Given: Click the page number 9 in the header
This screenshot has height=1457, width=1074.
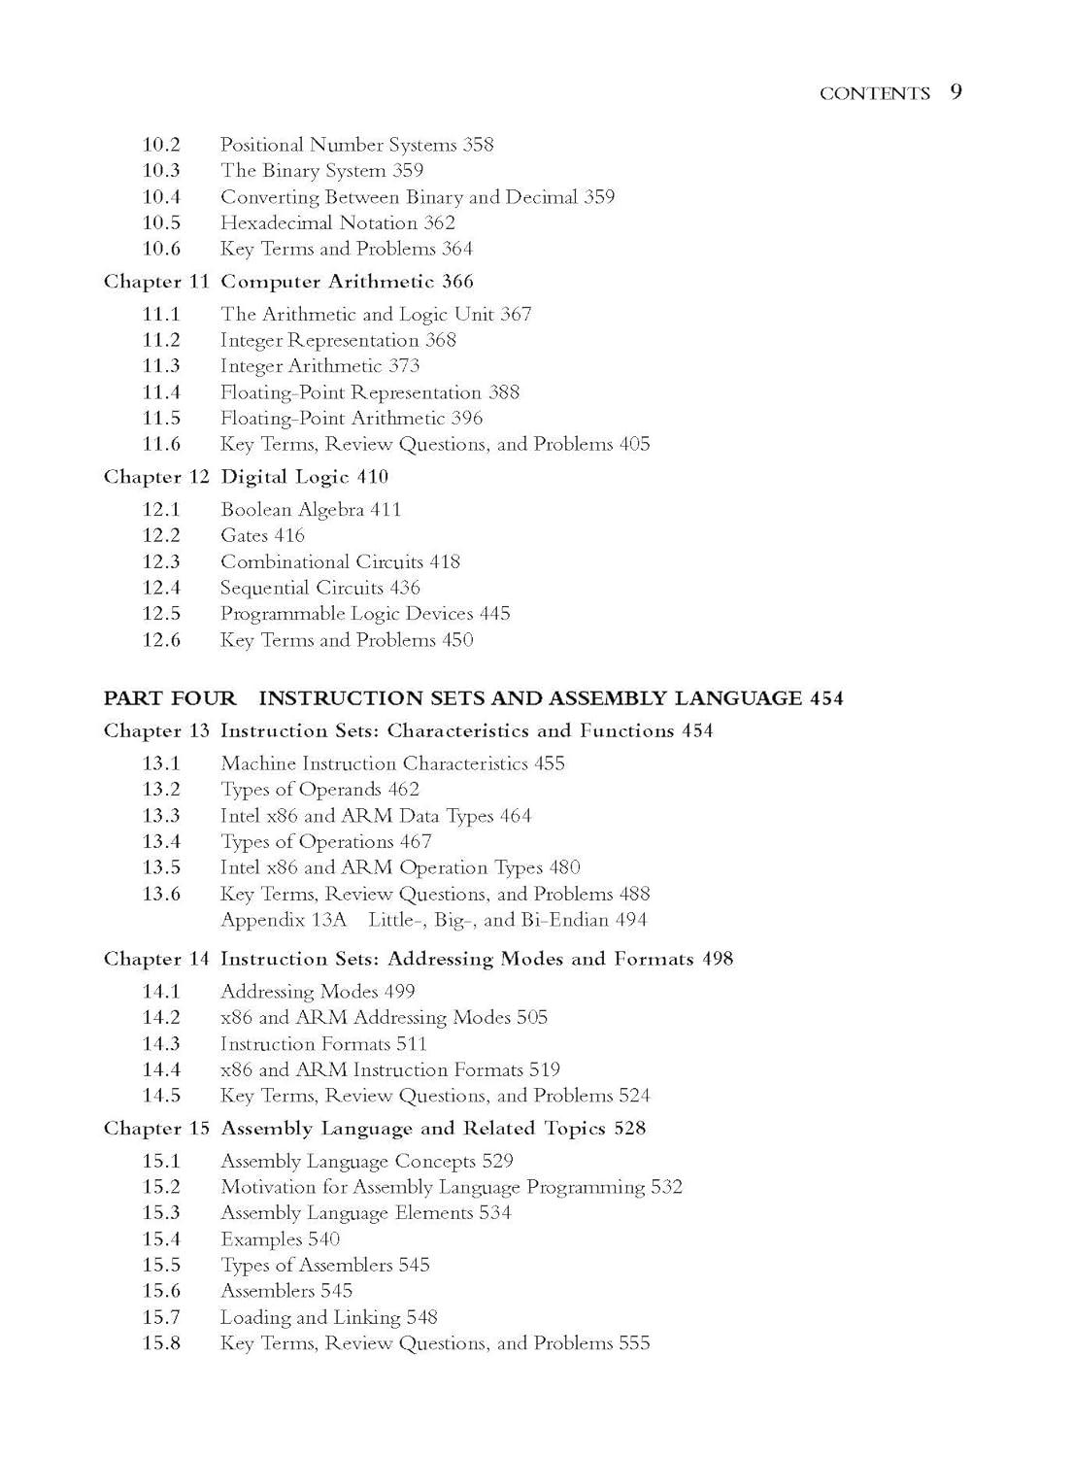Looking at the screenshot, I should coord(956,92).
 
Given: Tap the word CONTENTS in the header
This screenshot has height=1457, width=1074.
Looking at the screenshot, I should coord(874,93).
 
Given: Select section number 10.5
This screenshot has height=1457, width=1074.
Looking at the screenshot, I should coord(161,222).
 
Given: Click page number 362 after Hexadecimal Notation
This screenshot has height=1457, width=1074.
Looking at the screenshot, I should coord(439,222).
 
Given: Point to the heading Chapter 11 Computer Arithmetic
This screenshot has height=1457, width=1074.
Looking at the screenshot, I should coord(288,282).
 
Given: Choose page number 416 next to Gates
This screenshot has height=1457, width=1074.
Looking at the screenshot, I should coord(289,535).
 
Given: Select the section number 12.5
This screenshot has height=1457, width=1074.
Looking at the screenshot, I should coord(161,614).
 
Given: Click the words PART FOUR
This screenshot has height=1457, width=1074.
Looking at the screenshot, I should coord(170,698).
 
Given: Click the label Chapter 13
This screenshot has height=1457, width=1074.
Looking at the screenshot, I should coord(156,731).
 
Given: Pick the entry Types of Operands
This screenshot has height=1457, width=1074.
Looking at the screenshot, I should coord(301,790).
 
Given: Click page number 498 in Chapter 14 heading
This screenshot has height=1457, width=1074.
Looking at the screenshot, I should coord(718,959).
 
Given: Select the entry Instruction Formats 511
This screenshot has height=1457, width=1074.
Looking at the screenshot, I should coord(323,1044).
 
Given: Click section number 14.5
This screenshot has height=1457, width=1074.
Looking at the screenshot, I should coord(161,1096).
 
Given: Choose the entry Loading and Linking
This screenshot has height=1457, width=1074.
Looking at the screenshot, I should coord(310,1317).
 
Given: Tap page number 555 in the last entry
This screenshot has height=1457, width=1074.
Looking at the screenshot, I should coord(634,1343).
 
